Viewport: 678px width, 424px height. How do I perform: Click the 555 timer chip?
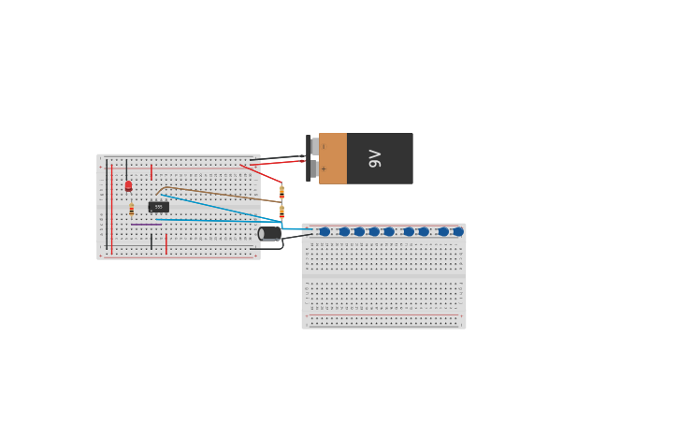tap(158, 207)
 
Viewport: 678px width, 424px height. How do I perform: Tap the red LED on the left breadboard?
tap(128, 185)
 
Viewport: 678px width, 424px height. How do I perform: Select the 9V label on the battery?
tap(375, 158)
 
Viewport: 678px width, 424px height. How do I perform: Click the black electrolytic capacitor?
tap(270, 233)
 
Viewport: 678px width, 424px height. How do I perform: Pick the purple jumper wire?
tap(146, 225)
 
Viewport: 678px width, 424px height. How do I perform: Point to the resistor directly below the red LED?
tap(132, 210)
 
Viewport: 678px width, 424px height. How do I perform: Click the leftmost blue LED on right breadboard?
tap(325, 231)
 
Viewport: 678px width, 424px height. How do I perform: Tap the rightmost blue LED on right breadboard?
tap(458, 231)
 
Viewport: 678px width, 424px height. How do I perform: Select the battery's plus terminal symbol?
tap(324, 169)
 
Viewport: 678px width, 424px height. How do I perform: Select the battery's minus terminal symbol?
tap(324, 147)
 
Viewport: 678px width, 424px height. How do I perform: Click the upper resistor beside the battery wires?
tap(281, 192)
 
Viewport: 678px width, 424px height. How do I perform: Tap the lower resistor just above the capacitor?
tap(281, 212)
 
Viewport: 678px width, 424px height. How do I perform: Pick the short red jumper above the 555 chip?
tap(151, 172)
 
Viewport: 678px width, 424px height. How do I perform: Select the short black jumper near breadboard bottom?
tap(151, 241)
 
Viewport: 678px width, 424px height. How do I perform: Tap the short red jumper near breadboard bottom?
tap(166, 243)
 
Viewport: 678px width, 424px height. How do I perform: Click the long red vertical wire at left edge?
tap(112, 211)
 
